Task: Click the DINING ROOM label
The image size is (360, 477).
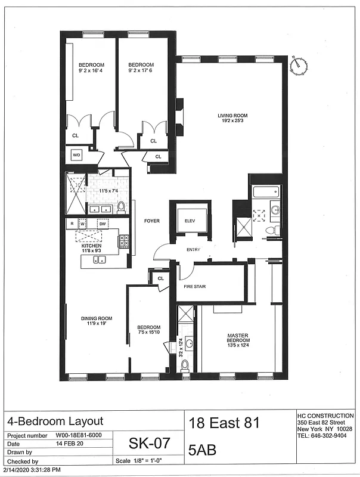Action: click(x=97, y=318)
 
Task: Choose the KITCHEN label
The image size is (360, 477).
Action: click(x=91, y=246)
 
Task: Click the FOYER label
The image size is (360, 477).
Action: click(x=151, y=221)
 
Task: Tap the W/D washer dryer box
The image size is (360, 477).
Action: click(x=77, y=155)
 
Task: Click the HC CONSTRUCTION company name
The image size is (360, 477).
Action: click(x=325, y=416)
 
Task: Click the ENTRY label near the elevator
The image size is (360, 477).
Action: click(x=193, y=250)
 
